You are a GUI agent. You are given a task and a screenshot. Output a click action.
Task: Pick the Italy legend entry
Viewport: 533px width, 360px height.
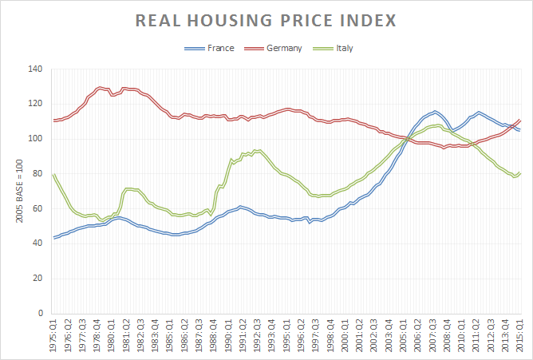[x=344, y=48]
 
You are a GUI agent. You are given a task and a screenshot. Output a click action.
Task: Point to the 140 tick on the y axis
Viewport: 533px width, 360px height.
[x=34, y=69]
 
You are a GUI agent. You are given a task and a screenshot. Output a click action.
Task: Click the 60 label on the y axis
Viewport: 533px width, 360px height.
[x=37, y=208]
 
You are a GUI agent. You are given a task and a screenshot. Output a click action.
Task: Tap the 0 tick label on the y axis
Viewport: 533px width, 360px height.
[x=39, y=313]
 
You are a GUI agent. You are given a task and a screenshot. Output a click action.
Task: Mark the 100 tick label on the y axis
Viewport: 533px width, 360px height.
[x=34, y=138]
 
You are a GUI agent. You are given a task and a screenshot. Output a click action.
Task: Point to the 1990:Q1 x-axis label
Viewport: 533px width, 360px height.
[x=228, y=336]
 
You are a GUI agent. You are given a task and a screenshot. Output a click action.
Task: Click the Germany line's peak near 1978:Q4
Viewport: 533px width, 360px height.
[x=101, y=88]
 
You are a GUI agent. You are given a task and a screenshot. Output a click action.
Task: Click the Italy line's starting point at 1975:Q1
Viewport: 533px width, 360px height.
[x=53, y=175]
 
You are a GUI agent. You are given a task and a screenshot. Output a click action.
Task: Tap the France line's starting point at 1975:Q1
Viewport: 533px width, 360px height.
[x=53, y=237]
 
